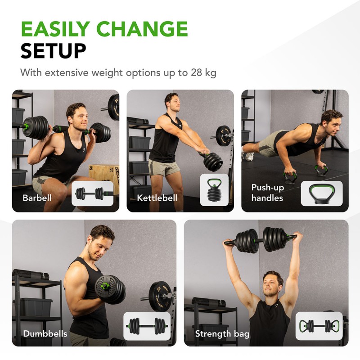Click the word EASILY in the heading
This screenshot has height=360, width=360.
pyautogui.click(x=55, y=29)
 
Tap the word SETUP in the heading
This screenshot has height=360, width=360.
pyautogui.click(x=53, y=51)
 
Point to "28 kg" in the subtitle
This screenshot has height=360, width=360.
pyautogui.click(x=203, y=73)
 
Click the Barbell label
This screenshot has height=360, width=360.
pyautogui.click(x=37, y=198)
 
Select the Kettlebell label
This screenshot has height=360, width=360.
pyautogui.click(x=157, y=198)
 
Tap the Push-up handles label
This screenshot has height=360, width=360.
pyautogui.click(x=267, y=193)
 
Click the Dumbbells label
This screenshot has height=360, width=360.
pyautogui.click(x=45, y=333)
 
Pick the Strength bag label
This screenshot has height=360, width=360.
pyautogui.click(x=222, y=334)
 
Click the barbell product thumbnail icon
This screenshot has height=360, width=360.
pyautogui.click(x=92, y=193)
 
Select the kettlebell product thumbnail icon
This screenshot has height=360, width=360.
pyautogui.click(x=214, y=190)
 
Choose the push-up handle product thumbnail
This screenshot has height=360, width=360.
pyautogui.click(x=322, y=193)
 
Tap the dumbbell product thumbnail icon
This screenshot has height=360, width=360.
pyautogui.click(x=147, y=326)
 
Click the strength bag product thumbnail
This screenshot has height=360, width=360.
pyautogui.click(x=319, y=326)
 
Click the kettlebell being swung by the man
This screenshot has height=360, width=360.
pyautogui.click(x=211, y=161)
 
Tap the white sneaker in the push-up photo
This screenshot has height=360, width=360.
pyautogui.click(x=249, y=156)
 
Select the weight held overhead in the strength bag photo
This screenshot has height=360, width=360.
pyautogui.click(x=263, y=240)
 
